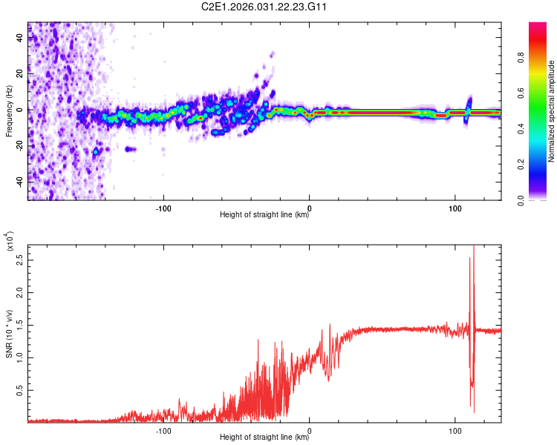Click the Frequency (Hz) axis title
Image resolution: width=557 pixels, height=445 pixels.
point(9,111)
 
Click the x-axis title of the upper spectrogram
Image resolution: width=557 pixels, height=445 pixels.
point(264,215)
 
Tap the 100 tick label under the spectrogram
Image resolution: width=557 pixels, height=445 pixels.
point(455,208)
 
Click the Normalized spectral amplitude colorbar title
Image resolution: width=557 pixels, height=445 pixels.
point(552,111)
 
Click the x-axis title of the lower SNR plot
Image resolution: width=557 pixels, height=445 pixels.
point(264,437)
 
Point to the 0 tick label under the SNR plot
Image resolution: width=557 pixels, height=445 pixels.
point(310,429)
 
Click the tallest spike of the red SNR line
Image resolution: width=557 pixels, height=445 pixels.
point(473,248)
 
